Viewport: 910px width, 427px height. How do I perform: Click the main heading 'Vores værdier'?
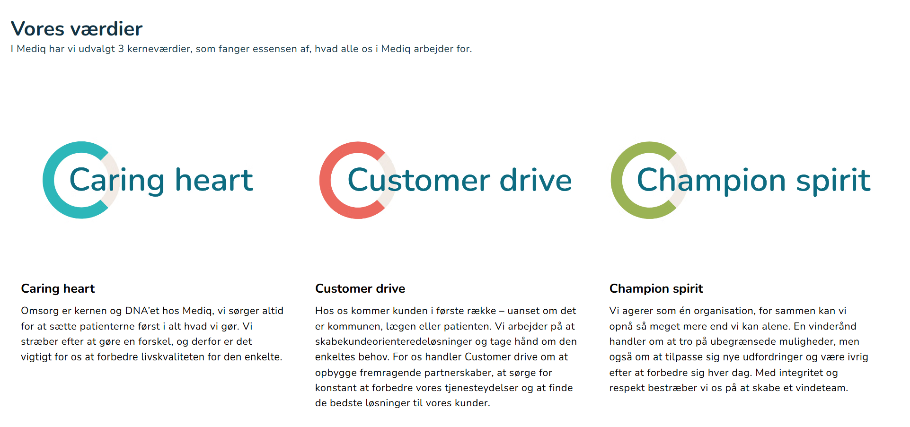click(77, 29)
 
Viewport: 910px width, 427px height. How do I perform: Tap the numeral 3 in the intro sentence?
click(121, 49)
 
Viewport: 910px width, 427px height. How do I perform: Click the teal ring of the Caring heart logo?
click(48, 180)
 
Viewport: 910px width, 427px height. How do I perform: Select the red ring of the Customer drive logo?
click(325, 180)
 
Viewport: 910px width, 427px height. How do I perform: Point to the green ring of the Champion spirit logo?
click(617, 180)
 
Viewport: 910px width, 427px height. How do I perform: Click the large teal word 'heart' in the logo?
click(214, 180)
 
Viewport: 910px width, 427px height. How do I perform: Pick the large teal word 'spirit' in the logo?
click(833, 181)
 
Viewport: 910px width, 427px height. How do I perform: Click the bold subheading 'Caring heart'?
click(58, 288)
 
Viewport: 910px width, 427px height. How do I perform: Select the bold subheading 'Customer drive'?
click(360, 288)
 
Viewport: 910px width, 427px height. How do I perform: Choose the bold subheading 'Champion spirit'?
click(656, 288)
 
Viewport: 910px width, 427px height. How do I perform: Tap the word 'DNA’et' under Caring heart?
click(142, 311)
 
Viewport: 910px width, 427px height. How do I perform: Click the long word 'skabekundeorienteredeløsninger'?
click(401, 342)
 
